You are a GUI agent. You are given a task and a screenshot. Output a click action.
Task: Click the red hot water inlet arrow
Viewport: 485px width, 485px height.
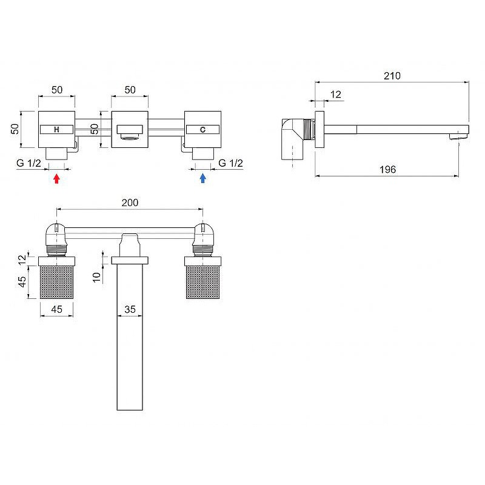(x=56, y=178)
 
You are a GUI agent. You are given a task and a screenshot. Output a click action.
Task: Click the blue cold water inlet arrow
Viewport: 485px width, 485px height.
(x=202, y=178)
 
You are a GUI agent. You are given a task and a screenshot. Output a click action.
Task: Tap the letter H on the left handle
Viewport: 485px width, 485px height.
(x=56, y=130)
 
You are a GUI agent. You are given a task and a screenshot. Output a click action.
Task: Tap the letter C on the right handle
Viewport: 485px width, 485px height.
(x=202, y=130)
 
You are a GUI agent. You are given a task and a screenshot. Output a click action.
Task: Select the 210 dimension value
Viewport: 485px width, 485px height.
(x=392, y=76)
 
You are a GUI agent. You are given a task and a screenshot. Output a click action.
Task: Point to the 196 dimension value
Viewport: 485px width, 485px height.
(x=387, y=169)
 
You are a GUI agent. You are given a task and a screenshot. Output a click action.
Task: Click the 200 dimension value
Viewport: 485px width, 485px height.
(x=130, y=202)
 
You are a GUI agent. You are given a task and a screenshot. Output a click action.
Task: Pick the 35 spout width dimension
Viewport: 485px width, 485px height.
(x=130, y=309)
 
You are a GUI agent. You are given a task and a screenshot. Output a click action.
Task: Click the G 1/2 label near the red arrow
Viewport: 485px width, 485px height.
(x=28, y=163)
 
